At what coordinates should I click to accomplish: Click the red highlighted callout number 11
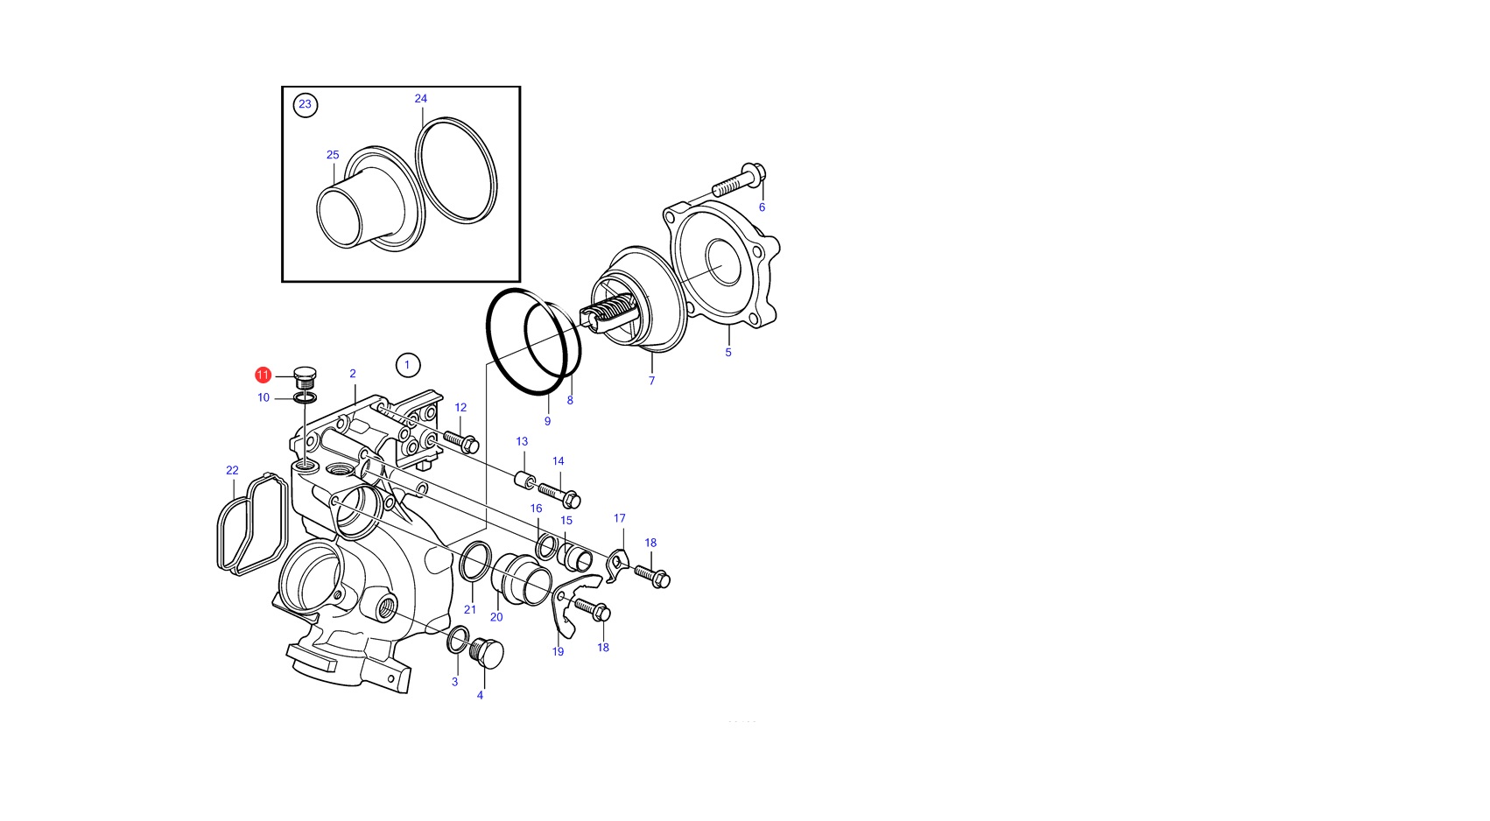point(263,375)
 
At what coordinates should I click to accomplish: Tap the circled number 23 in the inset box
point(306,105)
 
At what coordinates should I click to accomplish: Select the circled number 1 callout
point(408,365)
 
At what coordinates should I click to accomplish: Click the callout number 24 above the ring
point(420,98)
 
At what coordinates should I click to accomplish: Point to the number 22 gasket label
point(231,471)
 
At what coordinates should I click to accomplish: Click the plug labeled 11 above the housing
point(306,377)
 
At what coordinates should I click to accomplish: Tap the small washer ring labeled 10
point(306,397)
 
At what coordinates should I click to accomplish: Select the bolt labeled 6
point(739,179)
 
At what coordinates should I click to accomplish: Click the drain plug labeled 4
point(486,653)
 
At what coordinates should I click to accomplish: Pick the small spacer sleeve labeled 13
point(524,480)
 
